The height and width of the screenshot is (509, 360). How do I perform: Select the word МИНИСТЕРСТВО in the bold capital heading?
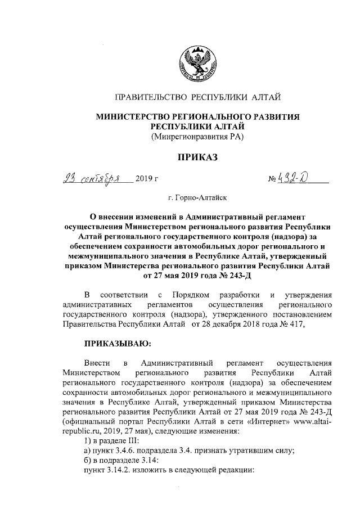(x=133, y=116)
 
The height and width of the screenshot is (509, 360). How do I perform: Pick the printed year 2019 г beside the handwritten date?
(x=147, y=181)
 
